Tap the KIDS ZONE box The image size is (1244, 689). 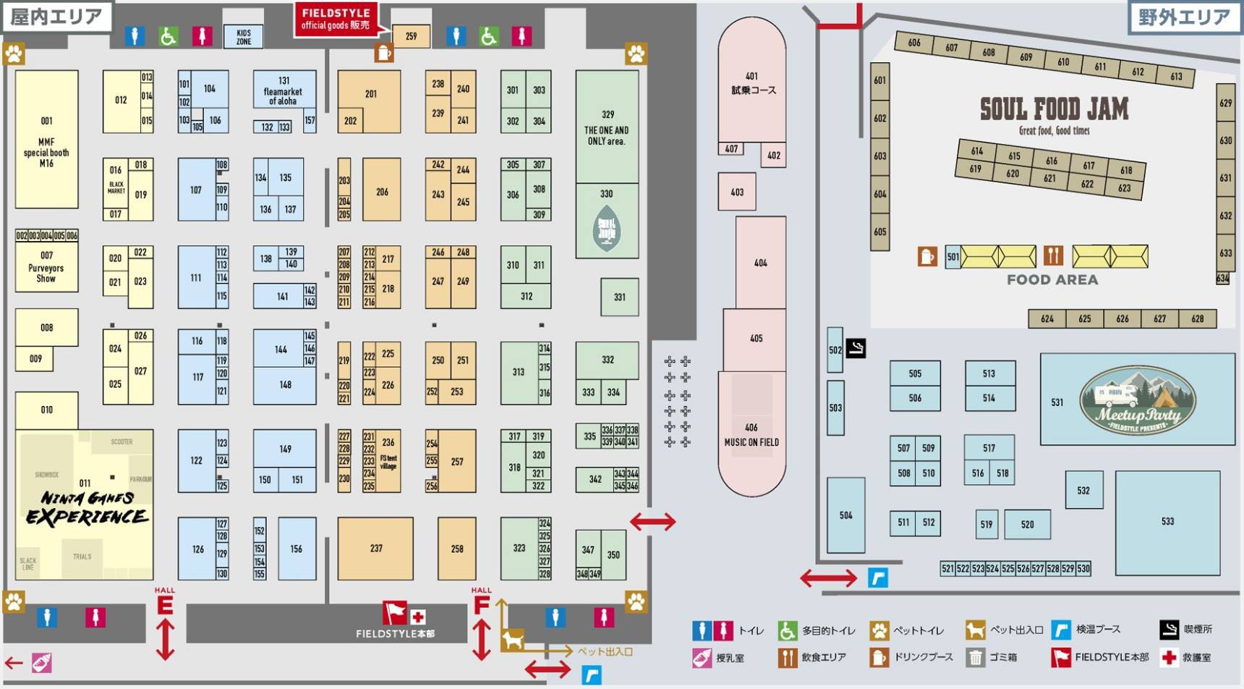[x=244, y=37]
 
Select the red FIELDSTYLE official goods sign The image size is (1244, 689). [x=335, y=20]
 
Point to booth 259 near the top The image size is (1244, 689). [x=411, y=36]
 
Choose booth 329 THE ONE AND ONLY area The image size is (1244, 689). [x=607, y=127]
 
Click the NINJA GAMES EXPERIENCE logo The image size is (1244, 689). [x=87, y=507]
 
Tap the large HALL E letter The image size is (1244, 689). [x=165, y=605]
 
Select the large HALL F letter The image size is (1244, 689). [x=482, y=605]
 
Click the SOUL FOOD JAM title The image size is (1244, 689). [x=1054, y=110]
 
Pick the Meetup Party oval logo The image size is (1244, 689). [x=1138, y=400]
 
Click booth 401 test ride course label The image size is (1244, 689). [x=752, y=83]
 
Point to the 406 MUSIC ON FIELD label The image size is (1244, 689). [x=751, y=435]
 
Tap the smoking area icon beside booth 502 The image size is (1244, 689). [x=856, y=348]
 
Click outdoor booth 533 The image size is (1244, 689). [x=1167, y=522]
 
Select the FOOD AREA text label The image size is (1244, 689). [x=1052, y=280]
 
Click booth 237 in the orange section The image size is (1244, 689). [x=375, y=549]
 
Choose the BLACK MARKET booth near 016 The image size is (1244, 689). [x=116, y=187]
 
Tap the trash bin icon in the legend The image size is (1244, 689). [x=975, y=658]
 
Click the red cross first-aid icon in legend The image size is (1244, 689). [x=1168, y=658]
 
